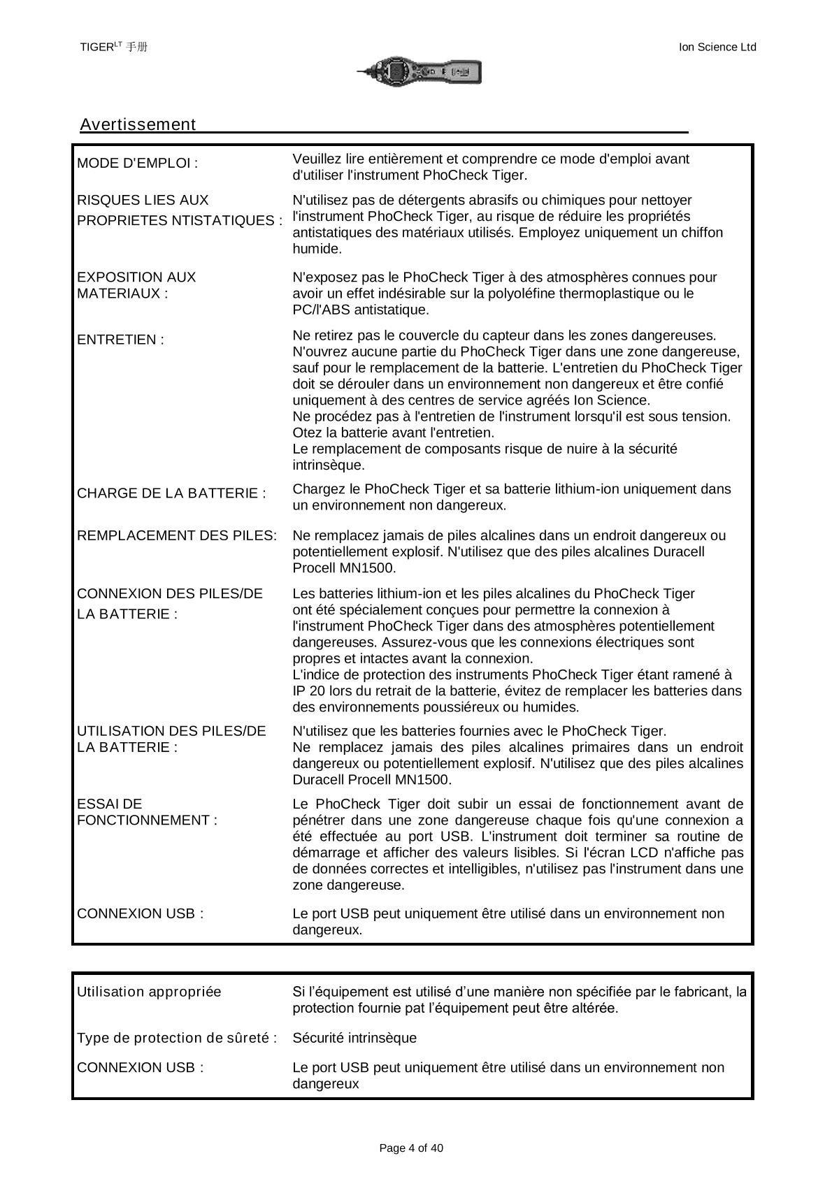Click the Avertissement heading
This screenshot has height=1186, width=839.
[138, 125]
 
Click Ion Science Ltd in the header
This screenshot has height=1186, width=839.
[717, 47]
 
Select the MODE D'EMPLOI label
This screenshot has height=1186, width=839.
[137, 164]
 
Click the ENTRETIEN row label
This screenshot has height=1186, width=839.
[120, 340]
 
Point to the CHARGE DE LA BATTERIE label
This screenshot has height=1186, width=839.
[171, 493]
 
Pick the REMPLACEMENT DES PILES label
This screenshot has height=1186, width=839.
[176, 536]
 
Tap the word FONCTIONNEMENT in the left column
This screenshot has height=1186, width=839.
[147, 820]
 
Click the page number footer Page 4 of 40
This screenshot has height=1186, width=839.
[411, 1148]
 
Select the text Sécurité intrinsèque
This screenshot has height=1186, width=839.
[354, 1038]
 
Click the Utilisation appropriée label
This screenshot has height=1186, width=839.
[149, 992]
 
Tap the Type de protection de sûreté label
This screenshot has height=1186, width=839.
[177, 1038]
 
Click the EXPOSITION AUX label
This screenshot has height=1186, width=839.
[136, 277]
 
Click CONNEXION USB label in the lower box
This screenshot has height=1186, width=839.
[140, 1068]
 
